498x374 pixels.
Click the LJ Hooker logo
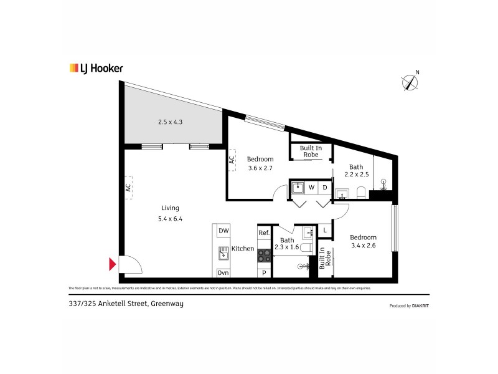[96, 69]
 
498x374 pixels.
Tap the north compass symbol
[410, 82]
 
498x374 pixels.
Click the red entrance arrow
[113, 265]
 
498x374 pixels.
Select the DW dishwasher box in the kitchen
[223, 231]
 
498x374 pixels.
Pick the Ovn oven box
[223, 273]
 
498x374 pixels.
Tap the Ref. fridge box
[264, 233]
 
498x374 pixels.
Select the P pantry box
[264, 273]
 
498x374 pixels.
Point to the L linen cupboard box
[324, 231]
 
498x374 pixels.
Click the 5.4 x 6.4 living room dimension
[170, 219]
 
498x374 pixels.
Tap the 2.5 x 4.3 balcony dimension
[170, 122]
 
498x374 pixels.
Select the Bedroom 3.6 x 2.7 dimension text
[260, 168]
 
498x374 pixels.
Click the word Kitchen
[242, 249]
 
